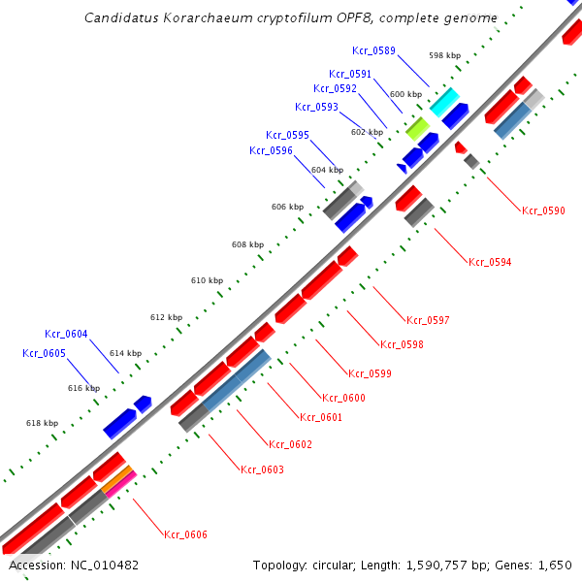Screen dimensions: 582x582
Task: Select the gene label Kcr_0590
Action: coord(543,210)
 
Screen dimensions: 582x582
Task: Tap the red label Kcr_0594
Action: coord(490,262)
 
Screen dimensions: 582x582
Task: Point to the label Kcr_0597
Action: coord(428,320)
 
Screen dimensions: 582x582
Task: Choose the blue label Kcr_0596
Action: coord(271,150)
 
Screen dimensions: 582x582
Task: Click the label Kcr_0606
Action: coord(185,534)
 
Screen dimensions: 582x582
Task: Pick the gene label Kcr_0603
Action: coord(262,469)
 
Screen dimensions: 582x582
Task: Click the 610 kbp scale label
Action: coord(207,280)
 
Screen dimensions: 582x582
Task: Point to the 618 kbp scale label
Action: coord(42,423)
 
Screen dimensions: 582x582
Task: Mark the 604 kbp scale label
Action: coord(327,170)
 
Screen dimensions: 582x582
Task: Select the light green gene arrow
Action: coord(417,127)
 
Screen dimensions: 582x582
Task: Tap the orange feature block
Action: coord(118,477)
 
